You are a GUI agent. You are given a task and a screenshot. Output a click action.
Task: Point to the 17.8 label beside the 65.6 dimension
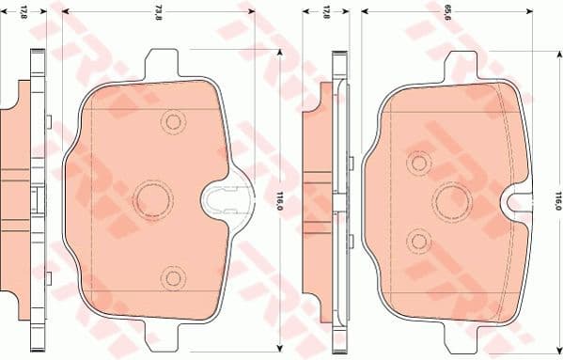pos(326,13)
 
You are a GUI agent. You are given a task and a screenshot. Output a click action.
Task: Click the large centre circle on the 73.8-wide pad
pos(150,198)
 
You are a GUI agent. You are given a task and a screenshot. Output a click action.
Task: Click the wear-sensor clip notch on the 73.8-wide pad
pos(226,198)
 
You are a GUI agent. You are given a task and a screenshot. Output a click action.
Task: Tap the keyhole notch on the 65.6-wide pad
pos(515,198)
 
